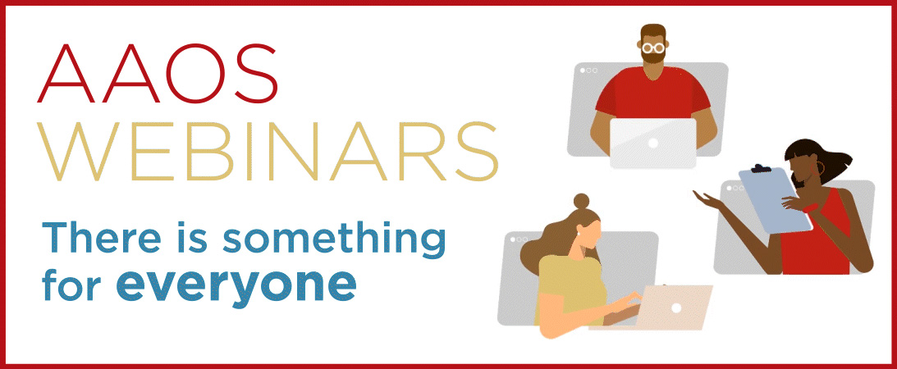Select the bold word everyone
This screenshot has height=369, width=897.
tap(236, 282)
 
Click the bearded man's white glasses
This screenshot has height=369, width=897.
tap(653, 48)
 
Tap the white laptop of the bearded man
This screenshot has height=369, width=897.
tap(652, 143)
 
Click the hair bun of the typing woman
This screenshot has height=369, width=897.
tap(580, 201)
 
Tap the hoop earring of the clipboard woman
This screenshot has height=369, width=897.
tap(820, 169)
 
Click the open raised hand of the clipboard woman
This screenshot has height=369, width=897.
tap(704, 198)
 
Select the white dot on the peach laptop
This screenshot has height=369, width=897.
tap(676, 307)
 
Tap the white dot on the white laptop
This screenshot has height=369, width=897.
tap(653, 143)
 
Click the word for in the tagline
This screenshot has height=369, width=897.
tap(70, 282)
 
